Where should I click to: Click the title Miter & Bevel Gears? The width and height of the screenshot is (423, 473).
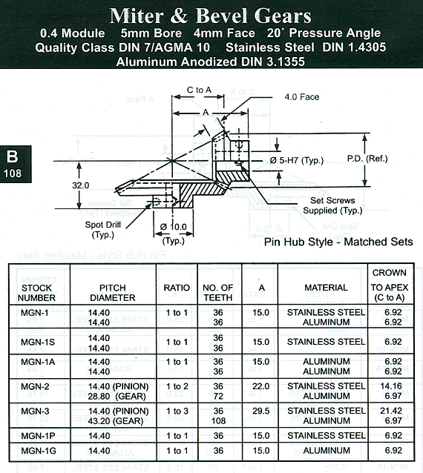211,16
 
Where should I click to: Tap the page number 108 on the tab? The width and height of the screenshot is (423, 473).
13,173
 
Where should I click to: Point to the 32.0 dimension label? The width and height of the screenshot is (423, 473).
81,185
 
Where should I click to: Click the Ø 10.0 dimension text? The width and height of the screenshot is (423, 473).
174,227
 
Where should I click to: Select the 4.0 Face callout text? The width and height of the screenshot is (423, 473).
301,97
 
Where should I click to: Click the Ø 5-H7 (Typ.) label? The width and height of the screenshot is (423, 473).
297,160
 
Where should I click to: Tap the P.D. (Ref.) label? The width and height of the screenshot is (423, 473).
367,159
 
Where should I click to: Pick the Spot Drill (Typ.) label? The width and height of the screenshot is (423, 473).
102,230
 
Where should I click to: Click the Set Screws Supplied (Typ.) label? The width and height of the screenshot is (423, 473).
332,205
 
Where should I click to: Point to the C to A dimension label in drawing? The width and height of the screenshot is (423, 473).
199,90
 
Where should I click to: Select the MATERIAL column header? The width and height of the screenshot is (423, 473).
326,288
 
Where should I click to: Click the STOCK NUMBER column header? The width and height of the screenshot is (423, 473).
36,293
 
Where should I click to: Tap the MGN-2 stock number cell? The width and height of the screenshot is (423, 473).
35,386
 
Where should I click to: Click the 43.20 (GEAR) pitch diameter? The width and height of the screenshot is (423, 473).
116,421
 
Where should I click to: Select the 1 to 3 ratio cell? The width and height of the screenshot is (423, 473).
177,411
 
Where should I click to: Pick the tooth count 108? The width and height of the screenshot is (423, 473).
219,421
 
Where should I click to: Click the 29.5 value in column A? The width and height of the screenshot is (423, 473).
261,411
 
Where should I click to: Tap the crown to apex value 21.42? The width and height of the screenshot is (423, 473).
391,411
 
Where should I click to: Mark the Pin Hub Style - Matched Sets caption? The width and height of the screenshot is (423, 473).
338,242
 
